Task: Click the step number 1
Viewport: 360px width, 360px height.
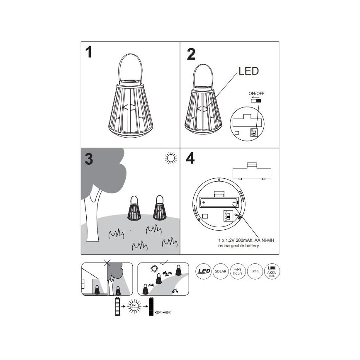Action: [x=88, y=53]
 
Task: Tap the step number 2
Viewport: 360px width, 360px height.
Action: [x=191, y=54]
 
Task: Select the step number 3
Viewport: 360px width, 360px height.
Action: [x=88, y=160]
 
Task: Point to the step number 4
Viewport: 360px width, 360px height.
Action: [x=190, y=159]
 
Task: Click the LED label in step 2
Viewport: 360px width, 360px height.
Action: [x=248, y=71]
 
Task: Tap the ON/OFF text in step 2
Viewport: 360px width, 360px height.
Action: [x=256, y=93]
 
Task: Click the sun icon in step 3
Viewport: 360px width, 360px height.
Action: [x=170, y=158]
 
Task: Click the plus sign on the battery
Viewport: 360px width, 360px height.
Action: [x=204, y=203]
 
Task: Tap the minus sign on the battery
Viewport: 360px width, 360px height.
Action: [x=234, y=203]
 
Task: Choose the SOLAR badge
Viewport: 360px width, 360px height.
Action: [x=220, y=272]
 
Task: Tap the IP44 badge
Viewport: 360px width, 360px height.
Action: [x=255, y=272]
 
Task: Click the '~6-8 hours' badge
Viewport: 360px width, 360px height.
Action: [x=238, y=272]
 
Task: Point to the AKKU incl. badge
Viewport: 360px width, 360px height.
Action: [x=272, y=272]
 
